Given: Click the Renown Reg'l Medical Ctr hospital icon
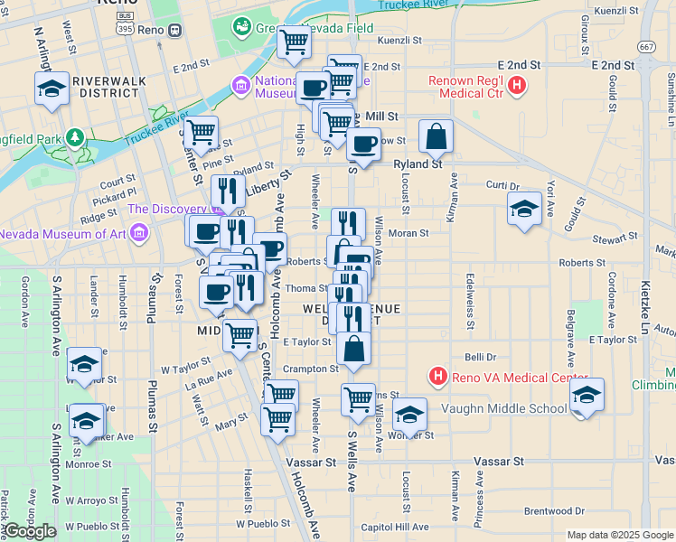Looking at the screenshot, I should tap(517, 88).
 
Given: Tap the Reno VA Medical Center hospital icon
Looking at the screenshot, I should tap(438, 375).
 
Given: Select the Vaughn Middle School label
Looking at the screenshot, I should tap(503, 408).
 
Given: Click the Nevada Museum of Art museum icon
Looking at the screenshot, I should tap(138, 235).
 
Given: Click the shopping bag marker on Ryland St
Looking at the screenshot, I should tap(436, 138).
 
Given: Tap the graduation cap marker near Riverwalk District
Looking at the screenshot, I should tap(52, 90).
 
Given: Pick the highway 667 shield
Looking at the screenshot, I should tap(645, 46).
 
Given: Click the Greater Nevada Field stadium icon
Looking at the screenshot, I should tap(241, 27).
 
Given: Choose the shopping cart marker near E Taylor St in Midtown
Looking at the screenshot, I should tap(239, 335).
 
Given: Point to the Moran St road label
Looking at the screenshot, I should tap(408, 233).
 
